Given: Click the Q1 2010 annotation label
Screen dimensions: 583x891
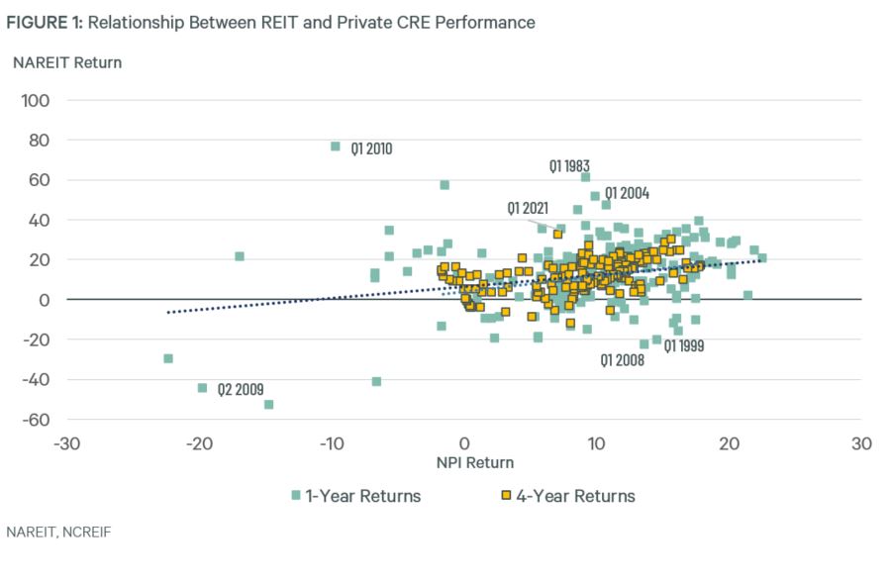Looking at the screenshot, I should pyautogui.click(x=372, y=150).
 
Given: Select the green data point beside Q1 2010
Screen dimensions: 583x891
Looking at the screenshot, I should pyautogui.click(x=336, y=146).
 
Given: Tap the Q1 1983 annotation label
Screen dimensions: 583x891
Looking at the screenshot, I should pyautogui.click(x=570, y=166).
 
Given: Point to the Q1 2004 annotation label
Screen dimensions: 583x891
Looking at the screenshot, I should pyautogui.click(x=627, y=193).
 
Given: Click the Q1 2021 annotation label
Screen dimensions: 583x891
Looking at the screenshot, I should pyautogui.click(x=528, y=209).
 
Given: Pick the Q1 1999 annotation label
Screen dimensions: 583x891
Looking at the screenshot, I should pyautogui.click(x=684, y=345).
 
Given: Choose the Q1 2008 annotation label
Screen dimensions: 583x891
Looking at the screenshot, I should pyautogui.click(x=623, y=361).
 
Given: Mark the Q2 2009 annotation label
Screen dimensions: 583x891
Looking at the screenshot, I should pyautogui.click(x=242, y=389).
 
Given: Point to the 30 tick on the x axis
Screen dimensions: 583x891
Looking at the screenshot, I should pyautogui.click(x=861, y=442).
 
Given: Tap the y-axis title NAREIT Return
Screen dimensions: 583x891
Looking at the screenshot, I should pyautogui.click(x=67, y=63).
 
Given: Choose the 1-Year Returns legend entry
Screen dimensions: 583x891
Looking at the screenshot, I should pyautogui.click(x=361, y=496).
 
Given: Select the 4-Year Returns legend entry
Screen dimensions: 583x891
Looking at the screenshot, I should pyautogui.click(x=574, y=496).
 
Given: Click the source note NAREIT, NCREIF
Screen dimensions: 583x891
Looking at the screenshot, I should pyautogui.click(x=58, y=533).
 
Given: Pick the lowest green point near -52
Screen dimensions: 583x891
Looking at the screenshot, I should pyautogui.click(x=268, y=404).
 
